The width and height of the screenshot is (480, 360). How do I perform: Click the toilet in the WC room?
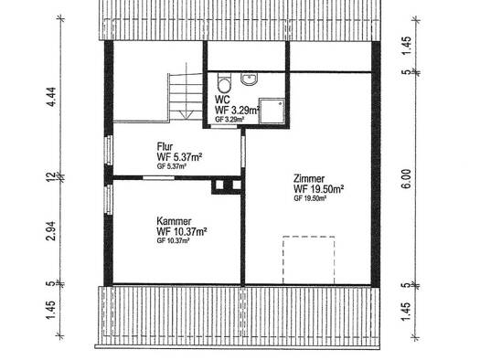coord(224,82)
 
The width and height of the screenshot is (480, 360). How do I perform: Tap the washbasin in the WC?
coord(250,79)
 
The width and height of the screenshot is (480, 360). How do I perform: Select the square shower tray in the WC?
coord(272,111)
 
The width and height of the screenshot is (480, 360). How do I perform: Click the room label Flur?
coord(165,146)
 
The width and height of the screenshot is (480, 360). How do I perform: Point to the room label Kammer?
coord(174,221)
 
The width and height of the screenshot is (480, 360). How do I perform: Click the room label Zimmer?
coord(309,178)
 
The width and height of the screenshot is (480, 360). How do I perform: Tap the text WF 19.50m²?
coord(318,189)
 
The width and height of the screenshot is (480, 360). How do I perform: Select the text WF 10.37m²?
coord(182,231)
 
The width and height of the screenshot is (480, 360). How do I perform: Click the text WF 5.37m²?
coord(179,157)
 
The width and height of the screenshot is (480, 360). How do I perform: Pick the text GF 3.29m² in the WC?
coord(229,120)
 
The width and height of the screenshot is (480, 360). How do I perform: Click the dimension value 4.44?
coord(51,97)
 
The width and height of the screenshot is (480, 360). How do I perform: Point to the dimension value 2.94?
coord(51,230)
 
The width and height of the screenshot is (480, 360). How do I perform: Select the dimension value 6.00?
coord(406,179)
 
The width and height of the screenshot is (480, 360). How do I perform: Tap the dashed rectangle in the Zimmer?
coord(309,260)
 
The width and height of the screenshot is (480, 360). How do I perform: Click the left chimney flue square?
coord(219,185)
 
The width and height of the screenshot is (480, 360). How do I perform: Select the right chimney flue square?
coord(237,185)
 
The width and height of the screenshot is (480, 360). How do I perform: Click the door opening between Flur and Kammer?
coord(158,177)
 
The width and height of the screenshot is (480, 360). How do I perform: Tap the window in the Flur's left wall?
coord(109,150)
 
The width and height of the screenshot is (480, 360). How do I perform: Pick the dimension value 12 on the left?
coord(51,176)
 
